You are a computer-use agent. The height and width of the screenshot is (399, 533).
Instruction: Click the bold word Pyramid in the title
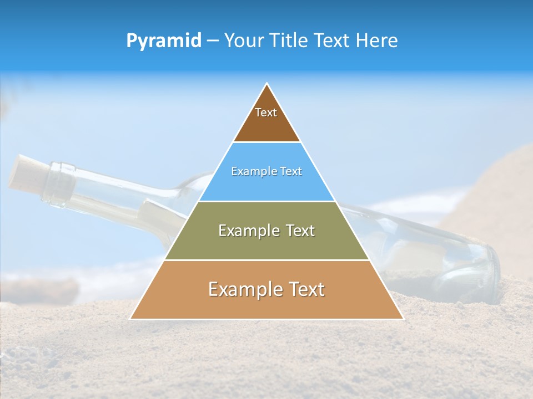click(x=164, y=41)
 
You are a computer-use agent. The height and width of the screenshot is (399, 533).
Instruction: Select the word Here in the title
click(x=378, y=41)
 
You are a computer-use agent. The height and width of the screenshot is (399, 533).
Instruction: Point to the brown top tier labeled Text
click(x=266, y=119)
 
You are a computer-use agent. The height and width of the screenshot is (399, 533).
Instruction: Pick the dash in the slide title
click(x=213, y=41)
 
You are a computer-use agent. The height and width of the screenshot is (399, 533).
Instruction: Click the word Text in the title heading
click(x=333, y=41)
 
